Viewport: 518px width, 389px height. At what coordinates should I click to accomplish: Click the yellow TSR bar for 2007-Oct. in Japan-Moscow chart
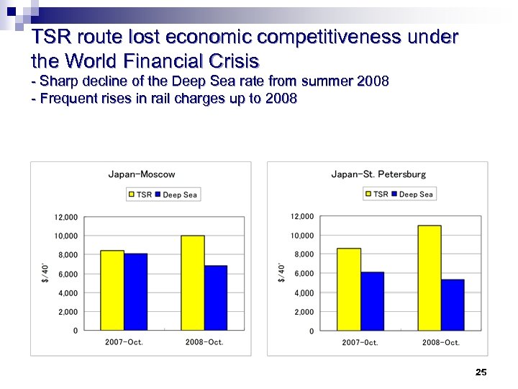pyautogui.click(x=112, y=290)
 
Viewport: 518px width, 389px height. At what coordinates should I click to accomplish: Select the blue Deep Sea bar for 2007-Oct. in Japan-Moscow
pyautogui.click(x=135, y=292)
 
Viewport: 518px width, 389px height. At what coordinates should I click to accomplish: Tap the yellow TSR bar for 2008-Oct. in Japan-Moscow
pyautogui.click(x=193, y=282)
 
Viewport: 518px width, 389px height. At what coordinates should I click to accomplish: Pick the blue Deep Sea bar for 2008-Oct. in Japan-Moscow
pyautogui.click(x=216, y=298)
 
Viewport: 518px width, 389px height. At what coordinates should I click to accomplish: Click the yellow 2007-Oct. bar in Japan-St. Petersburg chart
pyautogui.click(x=349, y=289)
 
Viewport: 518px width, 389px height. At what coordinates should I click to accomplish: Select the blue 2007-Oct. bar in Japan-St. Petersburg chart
pyautogui.click(x=372, y=301)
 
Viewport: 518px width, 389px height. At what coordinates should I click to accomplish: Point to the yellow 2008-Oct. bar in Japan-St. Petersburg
pyautogui.click(x=430, y=277)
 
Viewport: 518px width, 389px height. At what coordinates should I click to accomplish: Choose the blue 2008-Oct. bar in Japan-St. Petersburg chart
pyautogui.click(x=453, y=305)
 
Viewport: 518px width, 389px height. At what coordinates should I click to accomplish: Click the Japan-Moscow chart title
pyautogui.click(x=142, y=174)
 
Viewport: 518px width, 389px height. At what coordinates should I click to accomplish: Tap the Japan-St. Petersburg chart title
pyautogui.click(x=378, y=174)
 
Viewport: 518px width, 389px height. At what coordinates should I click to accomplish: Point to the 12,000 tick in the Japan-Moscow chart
pyautogui.click(x=66, y=217)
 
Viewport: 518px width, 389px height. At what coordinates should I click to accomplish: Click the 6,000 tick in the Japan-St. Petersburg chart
pyautogui.click(x=303, y=274)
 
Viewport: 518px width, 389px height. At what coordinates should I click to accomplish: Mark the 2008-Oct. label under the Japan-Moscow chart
pyautogui.click(x=204, y=342)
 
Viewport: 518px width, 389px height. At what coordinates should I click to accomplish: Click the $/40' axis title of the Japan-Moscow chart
pyautogui.click(x=45, y=273)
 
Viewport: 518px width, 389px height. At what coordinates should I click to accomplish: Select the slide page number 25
pyautogui.click(x=481, y=372)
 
